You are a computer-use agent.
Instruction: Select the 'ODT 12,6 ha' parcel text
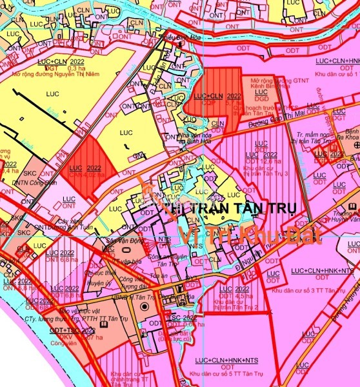tap(265, 162)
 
